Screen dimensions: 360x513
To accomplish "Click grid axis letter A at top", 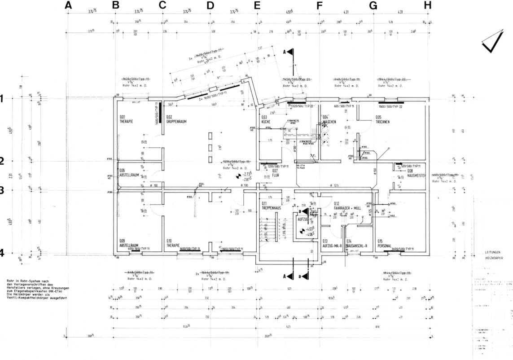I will [68, 5].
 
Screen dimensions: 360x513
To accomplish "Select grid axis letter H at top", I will [427, 5].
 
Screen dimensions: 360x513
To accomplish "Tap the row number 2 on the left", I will [2, 161].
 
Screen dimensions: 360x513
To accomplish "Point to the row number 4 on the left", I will [2, 253].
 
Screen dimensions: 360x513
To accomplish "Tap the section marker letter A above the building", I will [284, 52].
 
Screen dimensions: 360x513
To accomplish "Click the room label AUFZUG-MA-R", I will [332, 246].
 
